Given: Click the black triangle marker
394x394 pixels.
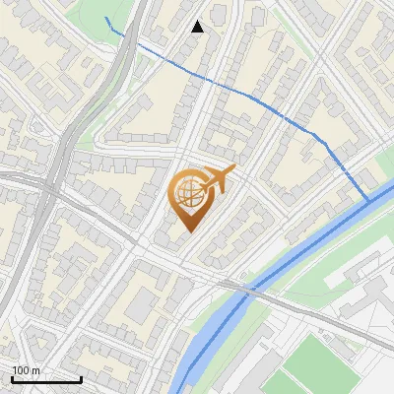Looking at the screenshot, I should (x=198, y=27).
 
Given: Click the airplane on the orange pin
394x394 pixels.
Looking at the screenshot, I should (x=219, y=179).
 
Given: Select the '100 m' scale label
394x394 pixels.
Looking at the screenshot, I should (x=27, y=370).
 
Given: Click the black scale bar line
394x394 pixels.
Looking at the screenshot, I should (x=46, y=379).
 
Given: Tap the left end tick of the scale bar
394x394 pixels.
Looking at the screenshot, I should (x=12, y=377).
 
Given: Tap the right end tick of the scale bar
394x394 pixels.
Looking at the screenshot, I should (x=81, y=377).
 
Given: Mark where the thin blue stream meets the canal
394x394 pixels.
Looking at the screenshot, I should (x=369, y=201).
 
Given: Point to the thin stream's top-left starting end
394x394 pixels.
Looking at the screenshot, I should (x=106, y=18).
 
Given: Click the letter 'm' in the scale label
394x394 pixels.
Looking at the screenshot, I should (x=34, y=370).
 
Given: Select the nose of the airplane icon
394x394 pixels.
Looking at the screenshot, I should (x=234, y=169).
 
